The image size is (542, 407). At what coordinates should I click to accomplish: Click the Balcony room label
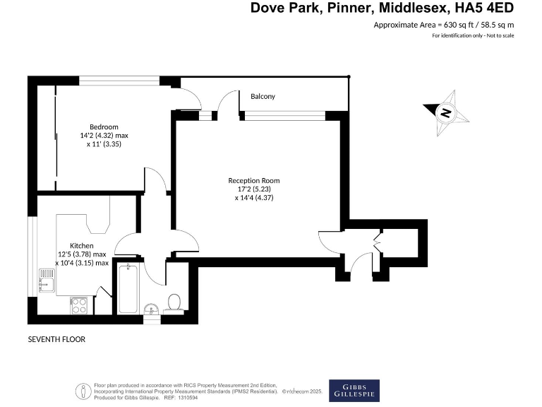coord(263,97)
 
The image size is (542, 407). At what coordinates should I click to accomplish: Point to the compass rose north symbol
coord(445,112)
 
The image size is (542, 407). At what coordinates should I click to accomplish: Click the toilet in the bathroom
coord(174,303)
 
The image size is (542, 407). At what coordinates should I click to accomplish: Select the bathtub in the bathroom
coord(128,288)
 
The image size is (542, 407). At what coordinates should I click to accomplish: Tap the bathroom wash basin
coord(151,309)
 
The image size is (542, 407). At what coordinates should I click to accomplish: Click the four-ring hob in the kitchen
coord(79,305)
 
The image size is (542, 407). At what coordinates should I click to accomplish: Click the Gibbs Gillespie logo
coord(354,391)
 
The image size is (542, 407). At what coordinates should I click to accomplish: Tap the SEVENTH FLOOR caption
coord(56,339)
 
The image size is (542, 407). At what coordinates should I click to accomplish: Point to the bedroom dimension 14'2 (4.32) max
coord(104,135)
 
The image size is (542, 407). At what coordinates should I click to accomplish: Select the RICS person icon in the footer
coord(85,391)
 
